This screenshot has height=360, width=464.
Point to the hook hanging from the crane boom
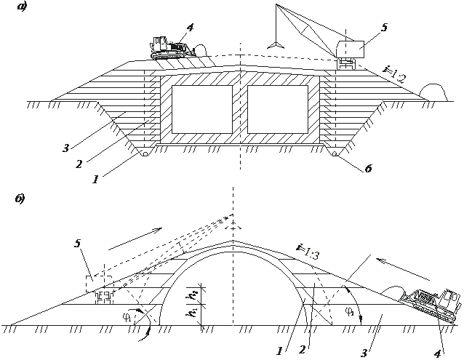pos(275,44)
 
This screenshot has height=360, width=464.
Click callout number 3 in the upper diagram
pos(66,149)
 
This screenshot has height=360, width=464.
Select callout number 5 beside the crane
pos(384,28)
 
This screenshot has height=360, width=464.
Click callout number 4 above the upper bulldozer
pos(189,28)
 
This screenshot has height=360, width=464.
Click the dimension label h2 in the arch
pos(193,295)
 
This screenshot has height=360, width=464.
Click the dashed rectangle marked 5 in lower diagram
pos(97,281)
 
